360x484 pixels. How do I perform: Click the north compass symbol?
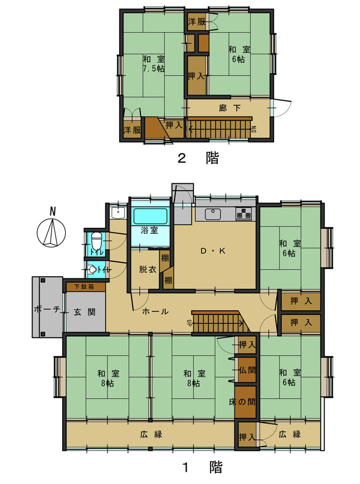(51, 230)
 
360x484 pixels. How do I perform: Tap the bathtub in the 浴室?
(150, 216)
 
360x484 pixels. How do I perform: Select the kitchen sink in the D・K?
(211, 214)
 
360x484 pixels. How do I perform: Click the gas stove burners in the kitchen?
(243, 214)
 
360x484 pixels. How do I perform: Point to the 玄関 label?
(84, 312)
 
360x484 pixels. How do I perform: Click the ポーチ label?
(47, 309)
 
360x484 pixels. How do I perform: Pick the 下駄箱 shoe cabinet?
(86, 287)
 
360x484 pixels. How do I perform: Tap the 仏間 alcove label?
(247, 370)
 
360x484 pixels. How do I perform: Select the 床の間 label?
(242, 401)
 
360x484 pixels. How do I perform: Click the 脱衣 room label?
(147, 269)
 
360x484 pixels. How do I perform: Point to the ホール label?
(155, 311)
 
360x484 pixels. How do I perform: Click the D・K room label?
(213, 251)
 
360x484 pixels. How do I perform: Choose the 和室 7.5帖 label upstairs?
(153, 64)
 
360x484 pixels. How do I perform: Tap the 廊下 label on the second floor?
(230, 108)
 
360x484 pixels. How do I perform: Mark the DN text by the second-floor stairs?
(254, 129)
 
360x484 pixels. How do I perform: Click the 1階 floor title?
(202, 467)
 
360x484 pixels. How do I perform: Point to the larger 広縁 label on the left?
(151, 434)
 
